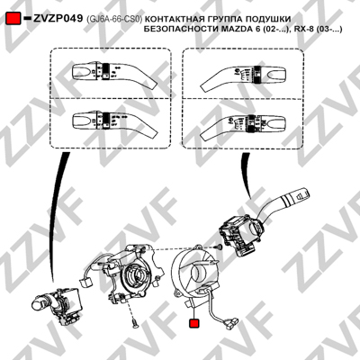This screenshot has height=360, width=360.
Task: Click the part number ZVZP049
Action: [58, 19]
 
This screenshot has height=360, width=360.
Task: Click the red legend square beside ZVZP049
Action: [13, 19]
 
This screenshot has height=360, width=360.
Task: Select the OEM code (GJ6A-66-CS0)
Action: [113, 20]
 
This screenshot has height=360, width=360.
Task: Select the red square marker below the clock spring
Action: [193, 323]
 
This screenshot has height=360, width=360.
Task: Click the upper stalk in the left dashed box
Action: [114, 74]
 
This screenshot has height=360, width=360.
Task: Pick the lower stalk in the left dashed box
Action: [114, 122]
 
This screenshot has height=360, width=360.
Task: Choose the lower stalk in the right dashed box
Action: [242, 127]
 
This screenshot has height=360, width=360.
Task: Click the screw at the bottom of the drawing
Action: [134, 323]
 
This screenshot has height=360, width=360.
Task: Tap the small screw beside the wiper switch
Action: [220, 247]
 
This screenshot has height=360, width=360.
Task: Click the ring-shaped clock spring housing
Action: [194, 273]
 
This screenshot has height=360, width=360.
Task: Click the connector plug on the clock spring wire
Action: [230, 322]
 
